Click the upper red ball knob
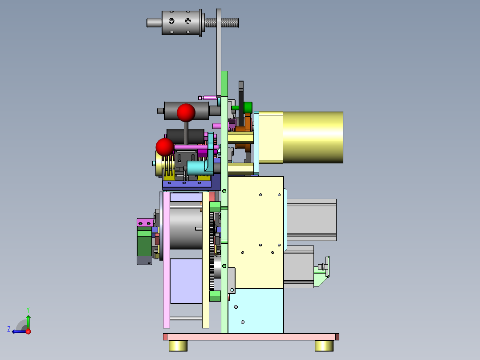[186, 112]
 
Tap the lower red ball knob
[165, 147]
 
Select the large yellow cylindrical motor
[313, 137]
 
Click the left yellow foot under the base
[178, 346]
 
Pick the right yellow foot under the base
[324, 346]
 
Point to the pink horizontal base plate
[251, 337]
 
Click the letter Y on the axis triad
[28, 310]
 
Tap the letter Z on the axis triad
[9, 329]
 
